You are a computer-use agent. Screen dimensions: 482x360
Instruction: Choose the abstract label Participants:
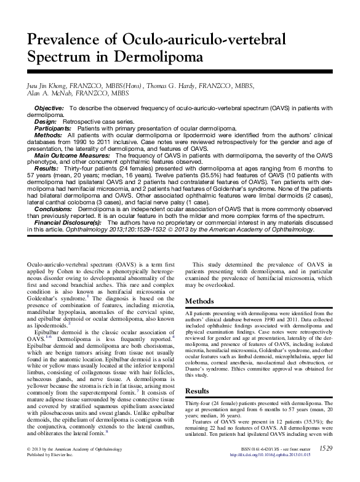click(54, 129)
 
